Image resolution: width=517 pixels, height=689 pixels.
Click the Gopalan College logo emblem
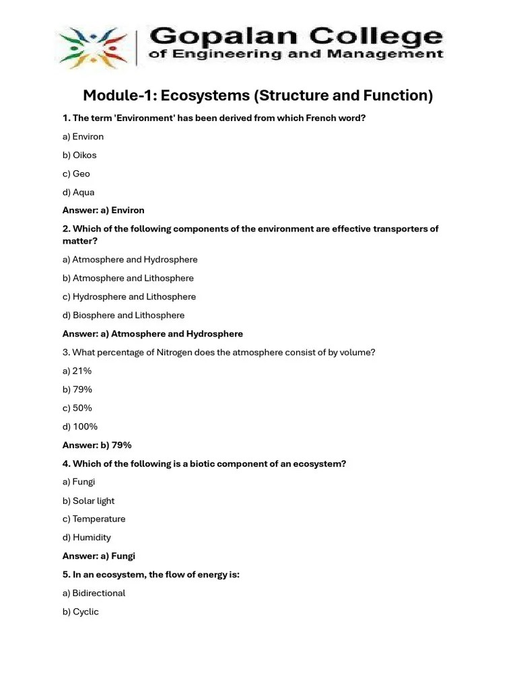point(95,46)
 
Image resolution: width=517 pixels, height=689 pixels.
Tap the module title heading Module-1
point(258,96)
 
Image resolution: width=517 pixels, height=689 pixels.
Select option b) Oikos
point(79,155)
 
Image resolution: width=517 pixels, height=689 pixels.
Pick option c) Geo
point(76,174)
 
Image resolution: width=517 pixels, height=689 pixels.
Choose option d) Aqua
point(79,192)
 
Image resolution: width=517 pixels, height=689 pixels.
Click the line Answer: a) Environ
point(103,210)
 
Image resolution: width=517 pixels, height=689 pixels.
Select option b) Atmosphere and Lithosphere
point(128,278)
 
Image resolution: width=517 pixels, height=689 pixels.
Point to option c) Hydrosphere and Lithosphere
point(129,297)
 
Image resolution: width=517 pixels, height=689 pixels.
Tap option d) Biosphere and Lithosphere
point(123,315)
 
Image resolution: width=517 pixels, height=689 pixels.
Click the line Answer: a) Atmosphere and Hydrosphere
point(153,334)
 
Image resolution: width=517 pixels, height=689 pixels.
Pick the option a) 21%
point(77,371)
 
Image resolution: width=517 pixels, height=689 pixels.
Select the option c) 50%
point(77,408)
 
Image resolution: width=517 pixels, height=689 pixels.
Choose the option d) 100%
point(80,427)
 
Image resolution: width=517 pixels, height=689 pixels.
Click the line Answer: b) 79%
point(97,445)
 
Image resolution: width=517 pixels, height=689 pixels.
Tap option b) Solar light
point(89,501)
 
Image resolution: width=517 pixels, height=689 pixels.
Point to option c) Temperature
point(94,519)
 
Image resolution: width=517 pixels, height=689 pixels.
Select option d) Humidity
point(87,538)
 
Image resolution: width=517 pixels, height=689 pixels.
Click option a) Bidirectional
point(94,593)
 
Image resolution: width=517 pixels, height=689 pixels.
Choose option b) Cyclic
point(81,612)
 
